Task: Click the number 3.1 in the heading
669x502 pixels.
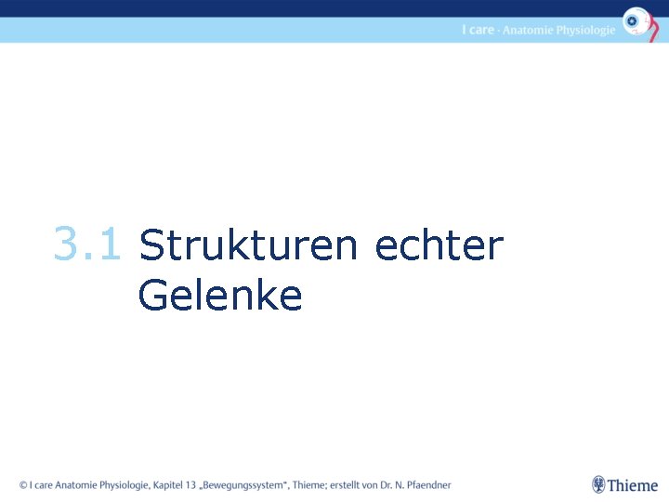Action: tap(86, 245)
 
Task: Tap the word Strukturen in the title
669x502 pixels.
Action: tap(247, 247)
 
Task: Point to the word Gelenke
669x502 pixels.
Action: tap(220, 296)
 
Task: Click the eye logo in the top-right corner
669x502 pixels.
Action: tap(636, 21)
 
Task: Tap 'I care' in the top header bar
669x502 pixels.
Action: tap(478, 30)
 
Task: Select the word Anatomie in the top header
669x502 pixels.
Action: tap(529, 30)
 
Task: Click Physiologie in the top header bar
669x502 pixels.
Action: tap(585, 30)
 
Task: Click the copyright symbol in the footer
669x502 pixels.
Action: tap(24, 485)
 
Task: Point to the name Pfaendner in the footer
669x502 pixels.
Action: tap(426, 485)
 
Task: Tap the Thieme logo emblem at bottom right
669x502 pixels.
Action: tap(599, 484)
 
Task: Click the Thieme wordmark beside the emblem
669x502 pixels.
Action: tap(633, 485)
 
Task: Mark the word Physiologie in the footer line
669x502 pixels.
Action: tap(125, 485)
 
